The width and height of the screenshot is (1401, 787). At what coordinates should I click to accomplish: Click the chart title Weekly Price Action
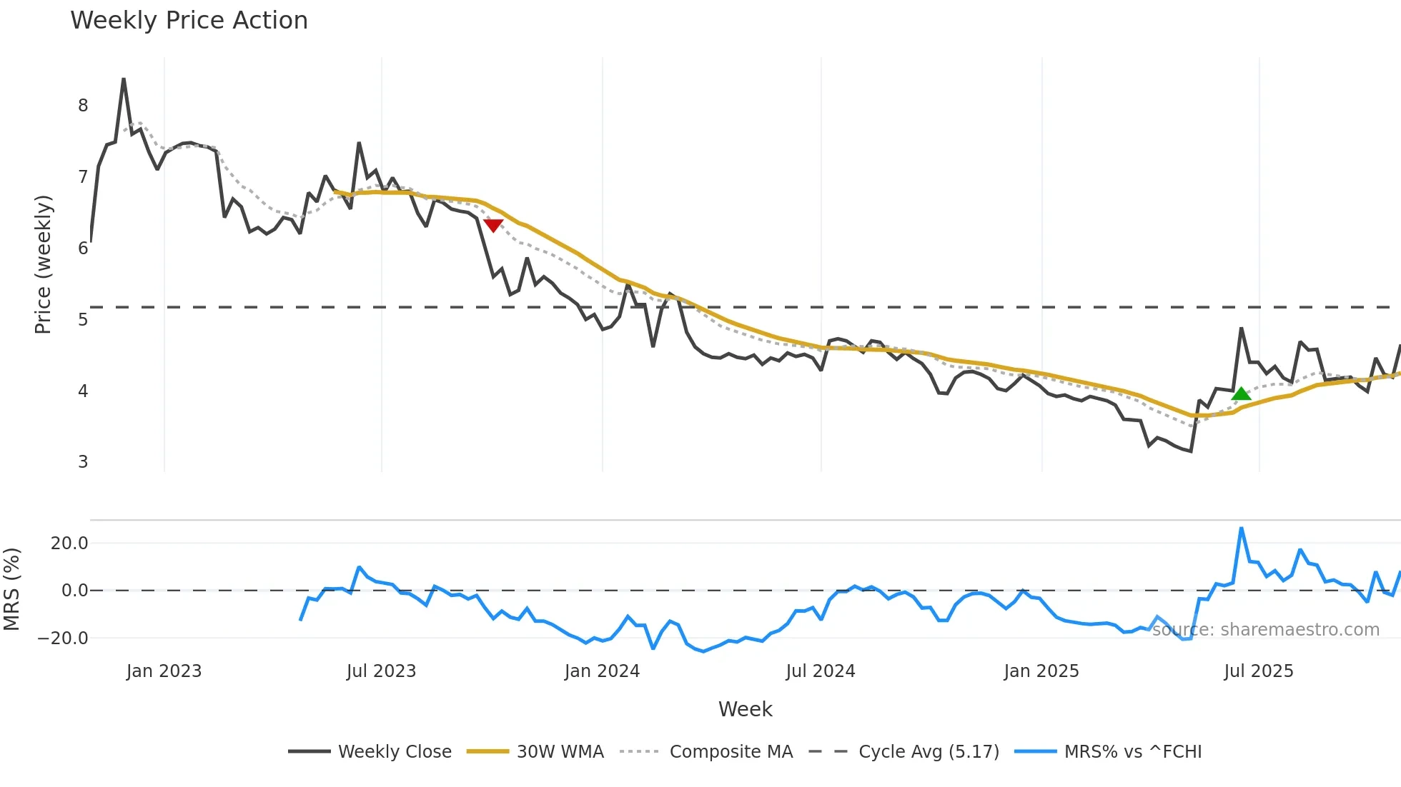pos(189,21)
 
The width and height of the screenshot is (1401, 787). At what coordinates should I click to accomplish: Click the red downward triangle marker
pos(493,225)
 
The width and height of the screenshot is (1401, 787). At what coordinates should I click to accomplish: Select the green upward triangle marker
pos(1242,393)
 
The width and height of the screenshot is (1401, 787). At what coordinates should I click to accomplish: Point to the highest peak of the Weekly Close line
pos(124,79)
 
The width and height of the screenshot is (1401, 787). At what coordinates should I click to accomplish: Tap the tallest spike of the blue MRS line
pos(1242,528)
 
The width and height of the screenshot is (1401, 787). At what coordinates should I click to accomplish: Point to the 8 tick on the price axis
pos(83,106)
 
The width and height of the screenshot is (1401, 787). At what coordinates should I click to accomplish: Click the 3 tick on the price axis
pos(83,462)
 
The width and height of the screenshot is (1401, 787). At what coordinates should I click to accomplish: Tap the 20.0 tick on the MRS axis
pos(69,543)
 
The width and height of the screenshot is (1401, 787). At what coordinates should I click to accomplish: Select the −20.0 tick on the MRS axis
pos(64,638)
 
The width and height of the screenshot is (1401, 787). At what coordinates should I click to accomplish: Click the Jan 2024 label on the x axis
pos(602,671)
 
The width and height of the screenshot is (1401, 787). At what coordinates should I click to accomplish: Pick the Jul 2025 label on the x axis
pos(1258,671)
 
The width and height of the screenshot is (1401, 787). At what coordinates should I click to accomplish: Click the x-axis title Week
pos(745,709)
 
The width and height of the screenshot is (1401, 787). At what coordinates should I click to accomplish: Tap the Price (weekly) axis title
pos(43,264)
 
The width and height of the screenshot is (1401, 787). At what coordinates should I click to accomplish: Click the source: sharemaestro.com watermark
pos(1265,630)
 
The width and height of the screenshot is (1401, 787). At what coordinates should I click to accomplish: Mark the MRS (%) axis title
pos(11,589)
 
